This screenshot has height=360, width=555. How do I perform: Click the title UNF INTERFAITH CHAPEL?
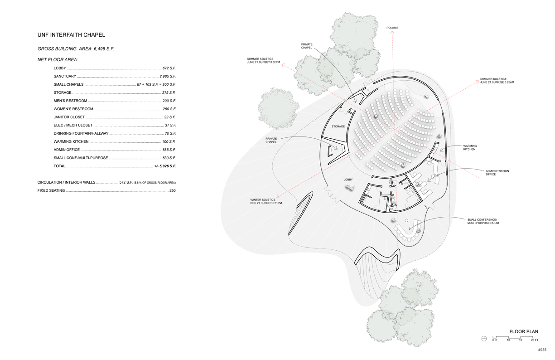(71, 35)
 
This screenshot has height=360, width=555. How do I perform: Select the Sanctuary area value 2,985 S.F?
(167, 76)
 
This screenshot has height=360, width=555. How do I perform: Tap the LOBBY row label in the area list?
(60, 68)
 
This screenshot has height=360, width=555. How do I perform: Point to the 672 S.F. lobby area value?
(169, 68)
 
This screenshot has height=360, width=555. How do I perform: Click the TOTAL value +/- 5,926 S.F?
(165, 166)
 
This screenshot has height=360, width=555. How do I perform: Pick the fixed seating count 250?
(172, 191)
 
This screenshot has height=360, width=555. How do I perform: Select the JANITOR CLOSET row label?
(69, 117)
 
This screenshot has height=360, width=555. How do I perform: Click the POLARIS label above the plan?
(392, 28)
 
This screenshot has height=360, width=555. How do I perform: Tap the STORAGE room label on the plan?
(338, 126)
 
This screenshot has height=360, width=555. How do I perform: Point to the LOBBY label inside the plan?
(348, 180)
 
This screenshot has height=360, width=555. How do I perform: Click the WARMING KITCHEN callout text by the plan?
(469, 147)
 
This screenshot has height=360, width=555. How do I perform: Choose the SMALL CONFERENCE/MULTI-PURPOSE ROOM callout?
(483, 222)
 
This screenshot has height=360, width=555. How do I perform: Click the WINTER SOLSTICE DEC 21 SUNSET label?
(266, 201)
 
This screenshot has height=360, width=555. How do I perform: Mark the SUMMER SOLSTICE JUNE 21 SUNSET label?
(263, 60)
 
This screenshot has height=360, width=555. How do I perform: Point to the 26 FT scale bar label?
(535, 340)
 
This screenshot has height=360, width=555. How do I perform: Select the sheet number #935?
(542, 350)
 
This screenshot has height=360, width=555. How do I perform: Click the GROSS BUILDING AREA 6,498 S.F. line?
(76, 49)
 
